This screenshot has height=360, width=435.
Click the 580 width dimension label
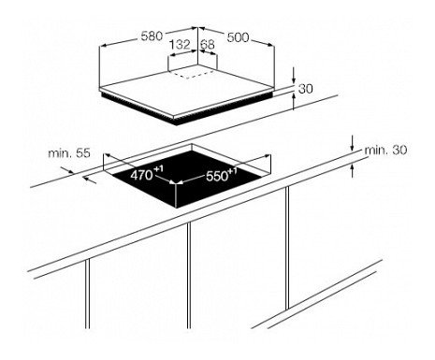(x=152, y=36)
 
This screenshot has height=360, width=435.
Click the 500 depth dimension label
(x=238, y=37)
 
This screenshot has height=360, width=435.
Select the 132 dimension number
(x=180, y=45)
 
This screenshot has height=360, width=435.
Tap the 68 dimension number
(x=208, y=45)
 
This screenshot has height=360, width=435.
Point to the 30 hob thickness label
(x=306, y=89)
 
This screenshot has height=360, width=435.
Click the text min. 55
(x=69, y=153)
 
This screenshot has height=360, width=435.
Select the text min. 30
(x=385, y=151)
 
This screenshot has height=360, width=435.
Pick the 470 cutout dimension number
(x=141, y=175)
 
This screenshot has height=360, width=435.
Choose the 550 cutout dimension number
(x=217, y=177)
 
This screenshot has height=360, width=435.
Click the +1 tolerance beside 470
(x=158, y=169)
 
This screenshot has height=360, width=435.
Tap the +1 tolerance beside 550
(x=233, y=171)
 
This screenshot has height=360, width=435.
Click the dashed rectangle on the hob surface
(x=191, y=74)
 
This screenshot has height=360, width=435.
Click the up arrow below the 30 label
(x=294, y=101)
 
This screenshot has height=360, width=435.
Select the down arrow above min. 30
(x=353, y=143)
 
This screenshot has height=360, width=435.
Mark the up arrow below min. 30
(x=353, y=170)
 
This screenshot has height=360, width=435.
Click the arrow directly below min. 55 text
(x=90, y=180)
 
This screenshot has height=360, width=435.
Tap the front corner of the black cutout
(x=176, y=208)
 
